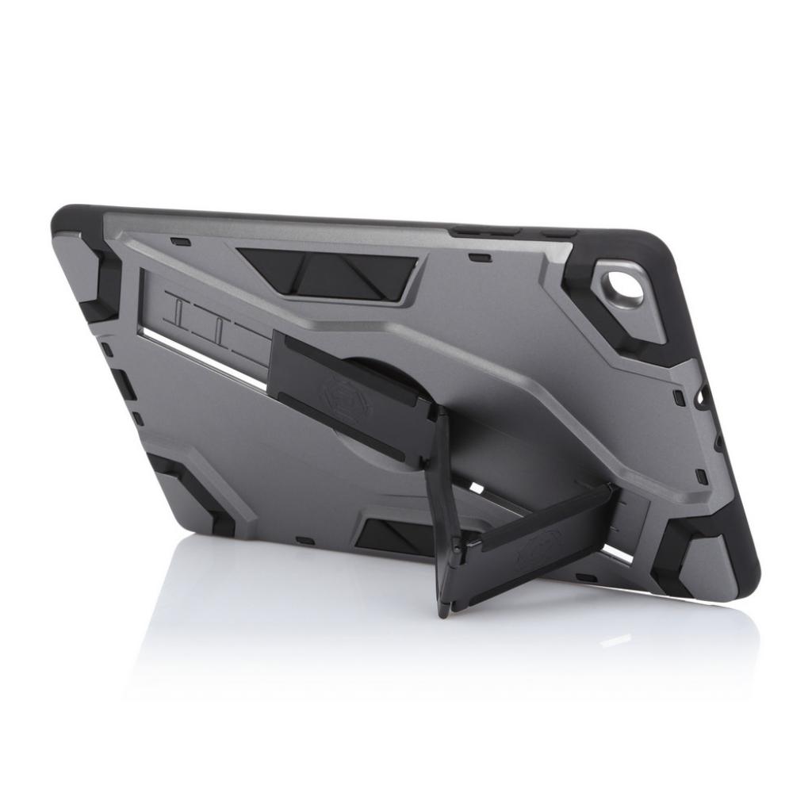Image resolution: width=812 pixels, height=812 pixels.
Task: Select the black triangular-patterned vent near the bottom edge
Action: click(x=394, y=536)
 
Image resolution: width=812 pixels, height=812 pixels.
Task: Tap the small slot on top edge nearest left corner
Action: click(x=180, y=241)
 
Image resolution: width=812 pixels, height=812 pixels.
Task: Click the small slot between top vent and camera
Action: click(x=478, y=257)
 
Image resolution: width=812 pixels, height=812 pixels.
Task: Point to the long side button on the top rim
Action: click(x=485, y=232)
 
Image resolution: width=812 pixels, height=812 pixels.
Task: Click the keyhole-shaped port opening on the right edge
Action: click(x=702, y=394)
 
